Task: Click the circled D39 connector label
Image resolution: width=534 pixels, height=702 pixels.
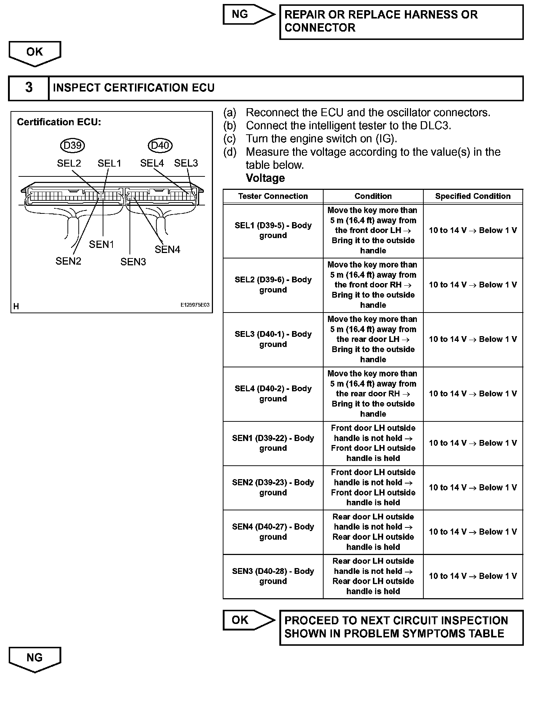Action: pyautogui.click(x=72, y=146)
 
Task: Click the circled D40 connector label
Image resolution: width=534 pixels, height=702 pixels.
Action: pyautogui.click(x=160, y=146)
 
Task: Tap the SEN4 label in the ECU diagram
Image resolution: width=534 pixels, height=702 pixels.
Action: pyautogui.click(x=167, y=250)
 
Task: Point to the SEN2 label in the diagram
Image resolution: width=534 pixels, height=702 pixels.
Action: pyautogui.click(x=68, y=261)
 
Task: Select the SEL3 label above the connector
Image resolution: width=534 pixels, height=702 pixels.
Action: pyautogui.click(x=186, y=163)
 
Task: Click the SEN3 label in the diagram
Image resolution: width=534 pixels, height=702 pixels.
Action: pyautogui.click(x=133, y=262)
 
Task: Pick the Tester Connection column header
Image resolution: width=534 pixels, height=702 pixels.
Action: pyautogui.click(x=273, y=196)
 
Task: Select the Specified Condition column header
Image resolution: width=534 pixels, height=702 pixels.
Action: pyautogui.click(x=473, y=196)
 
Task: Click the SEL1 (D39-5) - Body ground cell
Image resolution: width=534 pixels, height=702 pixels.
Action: pyautogui.click(x=273, y=230)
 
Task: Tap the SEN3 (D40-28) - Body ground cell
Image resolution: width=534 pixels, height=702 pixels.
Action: pyautogui.click(x=273, y=576)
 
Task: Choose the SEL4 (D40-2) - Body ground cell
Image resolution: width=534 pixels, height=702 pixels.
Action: pyautogui.click(x=273, y=394)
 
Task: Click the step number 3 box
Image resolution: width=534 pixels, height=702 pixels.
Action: pyautogui.click(x=29, y=88)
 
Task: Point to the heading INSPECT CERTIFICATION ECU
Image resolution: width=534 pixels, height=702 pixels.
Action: pyautogui.click(x=134, y=88)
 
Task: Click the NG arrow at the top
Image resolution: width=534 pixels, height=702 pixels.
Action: pyautogui.click(x=248, y=15)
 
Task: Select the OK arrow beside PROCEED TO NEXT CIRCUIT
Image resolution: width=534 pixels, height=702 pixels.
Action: pyautogui.click(x=248, y=620)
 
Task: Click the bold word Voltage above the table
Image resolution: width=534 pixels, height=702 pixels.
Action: pyautogui.click(x=265, y=178)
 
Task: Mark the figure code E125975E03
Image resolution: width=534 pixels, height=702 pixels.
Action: pyautogui.click(x=195, y=305)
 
